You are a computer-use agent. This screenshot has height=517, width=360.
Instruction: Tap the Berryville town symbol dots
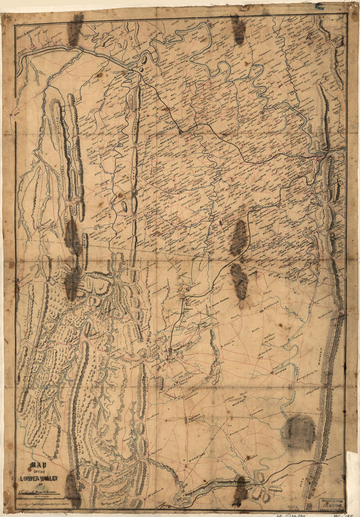[x=262, y=311]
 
